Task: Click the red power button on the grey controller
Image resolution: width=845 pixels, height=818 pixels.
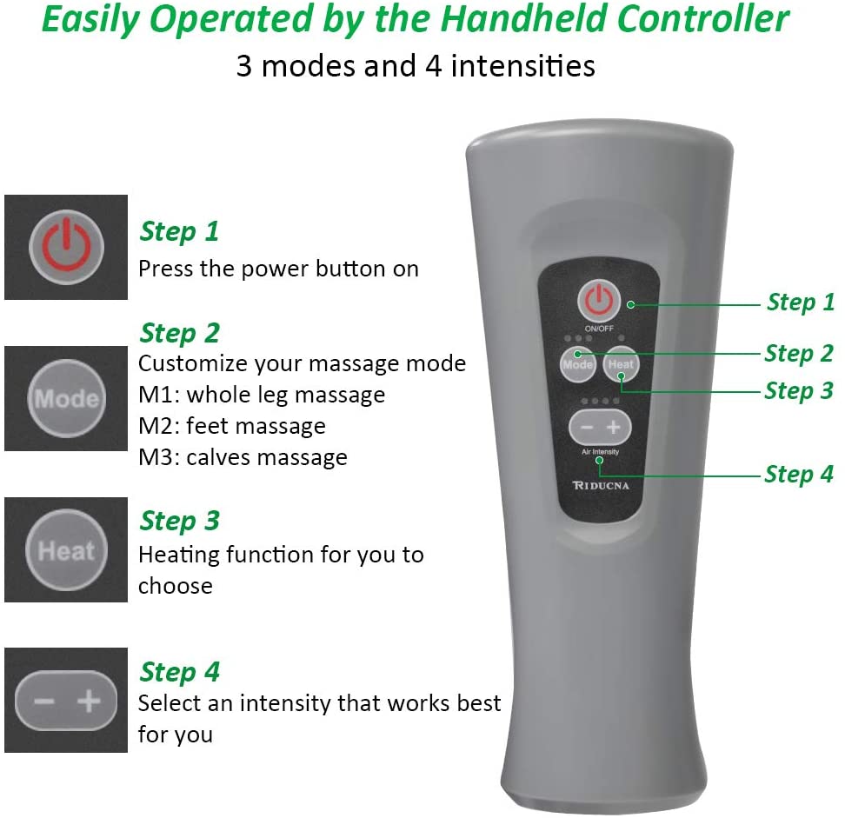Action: click(596, 302)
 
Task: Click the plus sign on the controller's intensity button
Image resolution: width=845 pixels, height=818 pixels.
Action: click(614, 427)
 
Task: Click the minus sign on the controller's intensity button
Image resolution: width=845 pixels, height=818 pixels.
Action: click(587, 427)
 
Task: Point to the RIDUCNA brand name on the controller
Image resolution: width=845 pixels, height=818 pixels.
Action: click(600, 485)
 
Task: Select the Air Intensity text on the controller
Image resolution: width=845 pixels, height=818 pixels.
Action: click(600, 452)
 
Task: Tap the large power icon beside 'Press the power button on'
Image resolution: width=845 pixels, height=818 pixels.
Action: click(66, 247)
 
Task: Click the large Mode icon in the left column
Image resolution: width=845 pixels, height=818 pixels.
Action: click(66, 399)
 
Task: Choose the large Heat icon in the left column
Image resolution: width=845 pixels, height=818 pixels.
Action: click(66, 550)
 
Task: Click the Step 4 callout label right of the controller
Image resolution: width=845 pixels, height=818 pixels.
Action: click(799, 475)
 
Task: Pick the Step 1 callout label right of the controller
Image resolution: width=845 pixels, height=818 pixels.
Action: click(800, 303)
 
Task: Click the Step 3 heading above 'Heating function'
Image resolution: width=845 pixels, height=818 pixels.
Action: click(179, 521)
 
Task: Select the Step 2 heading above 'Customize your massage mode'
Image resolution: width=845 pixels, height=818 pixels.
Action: click(179, 333)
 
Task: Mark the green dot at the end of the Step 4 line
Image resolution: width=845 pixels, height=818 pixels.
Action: click(600, 460)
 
